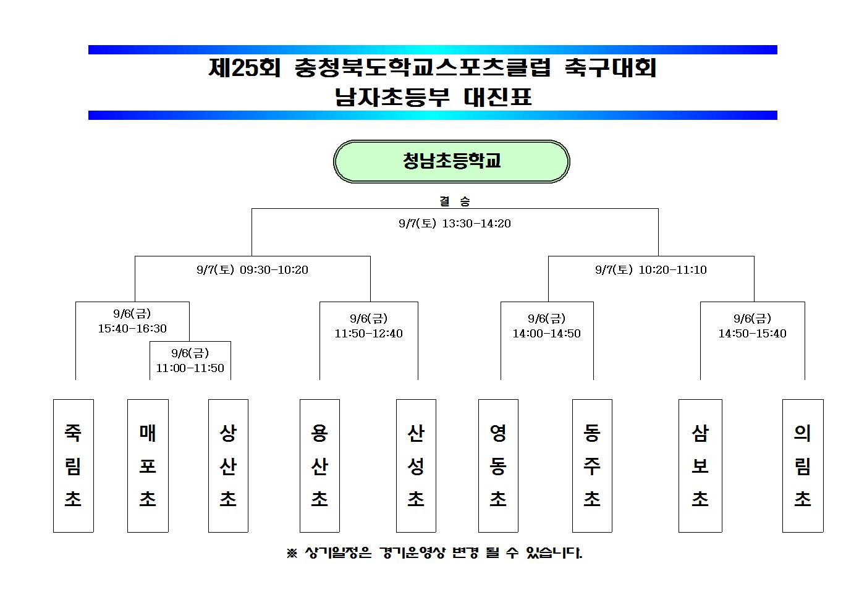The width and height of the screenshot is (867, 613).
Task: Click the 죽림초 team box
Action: pyautogui.click(x=74, y=465)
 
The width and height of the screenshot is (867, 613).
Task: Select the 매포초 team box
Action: pyautogui.click(x=148, y=465)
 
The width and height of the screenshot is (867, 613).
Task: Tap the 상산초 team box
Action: pyautogui.click(x=229, y=465)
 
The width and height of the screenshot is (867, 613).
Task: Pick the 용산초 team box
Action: pyautogui.click(x=319, y=465)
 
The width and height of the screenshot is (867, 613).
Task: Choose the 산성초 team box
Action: pyautogui.click(x=416, y=465)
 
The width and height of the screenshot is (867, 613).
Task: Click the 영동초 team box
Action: pyautogui.click(x=498, y=465)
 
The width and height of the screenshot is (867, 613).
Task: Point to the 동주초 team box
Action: pyautogui.click(x=592, y=465)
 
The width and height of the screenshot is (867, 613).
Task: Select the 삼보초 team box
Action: pyautogui.click(x=700, y=465)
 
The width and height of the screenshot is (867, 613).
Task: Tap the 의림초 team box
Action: pyautogui.click(x=803, y=465)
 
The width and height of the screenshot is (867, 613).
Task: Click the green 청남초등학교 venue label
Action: pyautogui.click(x=451, y=161)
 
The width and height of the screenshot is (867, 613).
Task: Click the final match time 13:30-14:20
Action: pyautogui.click(x=476, y=223)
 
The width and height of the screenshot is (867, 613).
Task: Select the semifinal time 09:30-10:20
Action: pyautogui.click(x=274, y=270)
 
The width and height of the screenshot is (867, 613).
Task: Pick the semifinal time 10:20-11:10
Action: pyautogui.click(x=673, y=270)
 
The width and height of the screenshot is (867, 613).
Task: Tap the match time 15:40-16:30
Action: pyautogui.click(x=132, y=329)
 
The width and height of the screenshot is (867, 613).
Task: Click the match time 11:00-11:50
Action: pyautogui.click(x=190, y=368)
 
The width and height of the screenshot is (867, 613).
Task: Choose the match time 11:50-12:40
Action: pyautogui.click(x=368, y=333)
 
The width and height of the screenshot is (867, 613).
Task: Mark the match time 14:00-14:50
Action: pyautogui.click(x=546, y=333)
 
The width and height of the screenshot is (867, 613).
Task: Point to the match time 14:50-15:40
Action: pyautogui.click(x=753, y=333)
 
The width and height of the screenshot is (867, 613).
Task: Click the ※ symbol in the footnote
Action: pyautogui.click(x=292, y=553)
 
